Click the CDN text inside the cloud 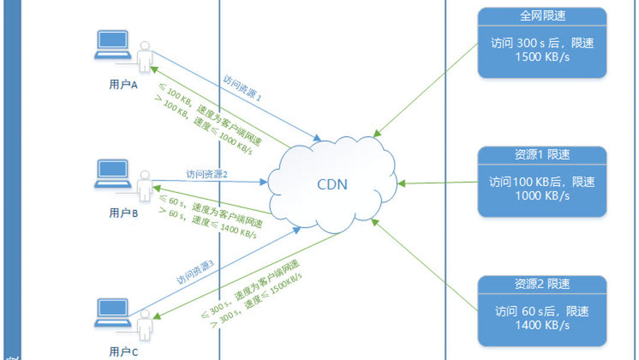click(333, 184)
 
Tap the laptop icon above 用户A click(112, 45)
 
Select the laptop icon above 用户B click(112, 173)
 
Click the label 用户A click(124, 85)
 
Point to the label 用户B click(124, 213)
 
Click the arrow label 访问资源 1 click(242, 89)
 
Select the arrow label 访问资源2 click(207, 174)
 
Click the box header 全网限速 click(542, 16)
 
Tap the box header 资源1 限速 click(542, 155)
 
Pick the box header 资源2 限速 click(542, 284)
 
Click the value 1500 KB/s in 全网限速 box click(542, 57)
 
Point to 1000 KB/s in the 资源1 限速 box click(542, 196)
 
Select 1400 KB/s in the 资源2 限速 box click(542, 325)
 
